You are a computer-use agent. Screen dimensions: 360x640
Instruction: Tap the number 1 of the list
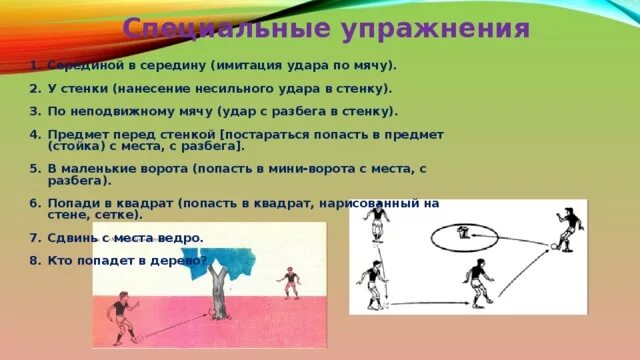pos(34,65)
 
